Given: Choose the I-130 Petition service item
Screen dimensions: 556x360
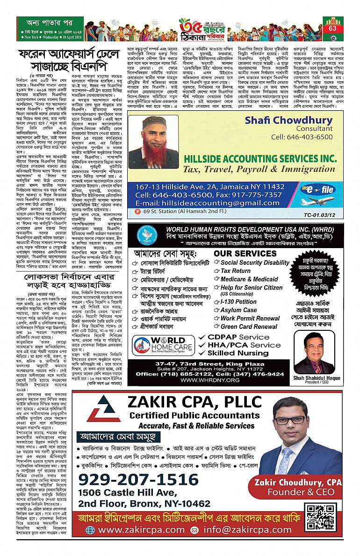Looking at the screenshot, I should [238, 302].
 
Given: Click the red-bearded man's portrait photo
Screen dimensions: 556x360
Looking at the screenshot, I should [154, 142].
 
